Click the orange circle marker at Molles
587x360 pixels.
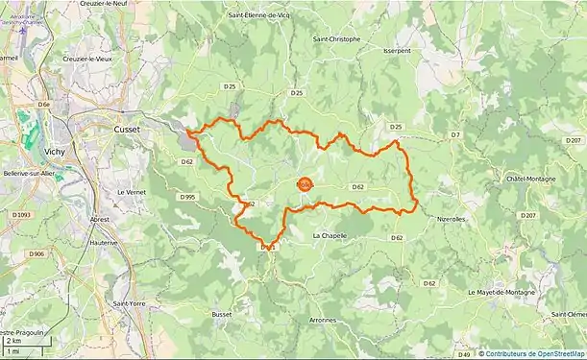pyautogui.click(x=305, y=184)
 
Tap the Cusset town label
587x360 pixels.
pyautogui.click(x=127, y=129)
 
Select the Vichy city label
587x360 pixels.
pyautogui.click(x=54, y=152)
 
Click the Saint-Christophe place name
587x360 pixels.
pyautogui.click(x=336, y=39)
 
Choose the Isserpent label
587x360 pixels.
pyautogui.click(x=396, y=50)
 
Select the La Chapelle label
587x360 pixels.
pyautogui.click(x=330, y=235)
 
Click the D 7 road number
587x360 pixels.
pyautogui.click(x=455, y=135)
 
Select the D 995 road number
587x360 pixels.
pyautogui.click(x=187, y=197)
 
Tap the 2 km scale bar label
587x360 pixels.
pyautogui.click(x=13, y=341)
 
